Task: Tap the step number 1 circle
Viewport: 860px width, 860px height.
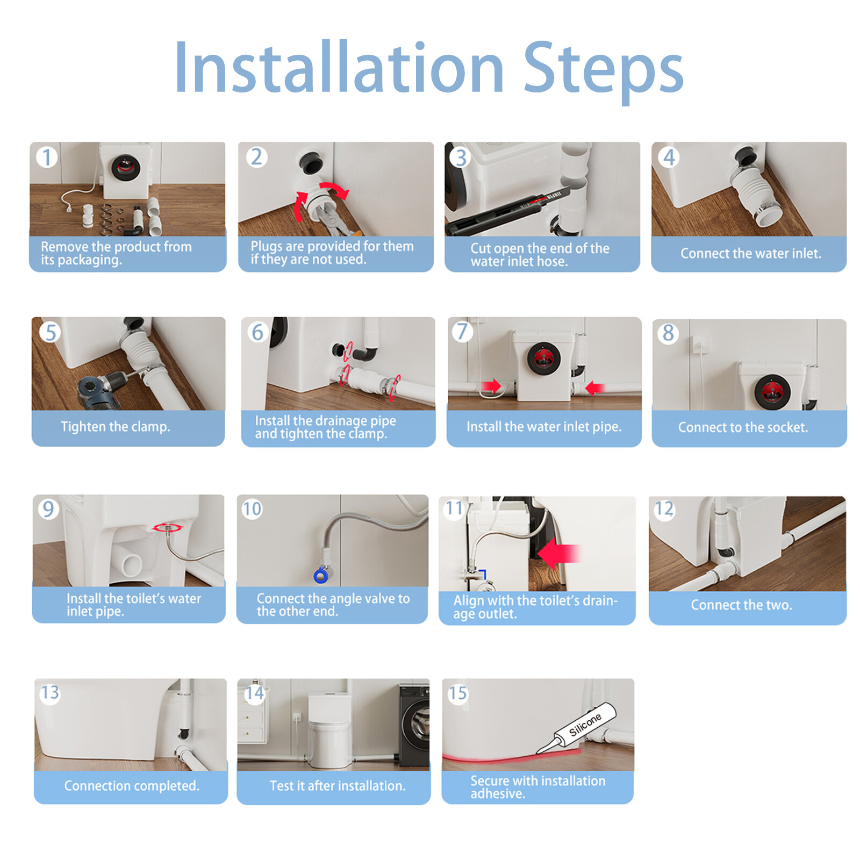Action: tap(47, 157)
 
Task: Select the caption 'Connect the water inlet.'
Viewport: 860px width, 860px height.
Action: tap(750, 253)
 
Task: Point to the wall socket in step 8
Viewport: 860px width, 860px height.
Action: tap(700, 344)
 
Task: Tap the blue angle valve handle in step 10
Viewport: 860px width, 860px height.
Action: tap(321, 576)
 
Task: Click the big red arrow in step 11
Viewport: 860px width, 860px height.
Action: tap(559, 554)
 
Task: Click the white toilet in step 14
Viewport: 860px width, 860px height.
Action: tap(330, 731)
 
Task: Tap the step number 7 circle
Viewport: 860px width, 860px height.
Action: tap(462, 332)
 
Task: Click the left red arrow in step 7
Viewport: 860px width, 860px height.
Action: tap(491, 386)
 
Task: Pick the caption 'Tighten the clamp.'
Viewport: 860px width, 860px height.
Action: tap(115, 427)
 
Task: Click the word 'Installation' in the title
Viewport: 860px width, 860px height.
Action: tap(339, 69)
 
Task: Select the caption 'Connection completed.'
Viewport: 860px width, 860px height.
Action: tap(132, 786)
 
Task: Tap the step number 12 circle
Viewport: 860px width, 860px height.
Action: tap(664, 508)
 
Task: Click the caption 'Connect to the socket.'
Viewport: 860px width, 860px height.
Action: tap(743, 427)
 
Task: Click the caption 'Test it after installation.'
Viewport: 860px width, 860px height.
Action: tap(337, 786)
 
